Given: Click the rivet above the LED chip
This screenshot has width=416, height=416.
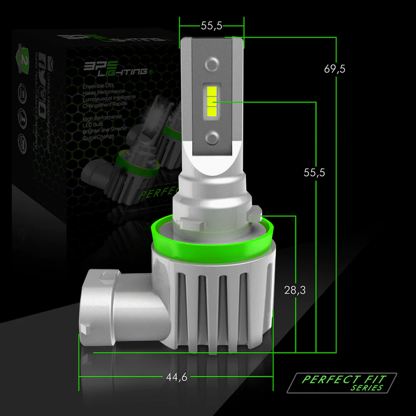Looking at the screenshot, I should (212, 64).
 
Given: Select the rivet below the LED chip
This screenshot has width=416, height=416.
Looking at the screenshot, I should (212, 137).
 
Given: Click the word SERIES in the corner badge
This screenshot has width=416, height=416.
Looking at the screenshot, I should (367, 388).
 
